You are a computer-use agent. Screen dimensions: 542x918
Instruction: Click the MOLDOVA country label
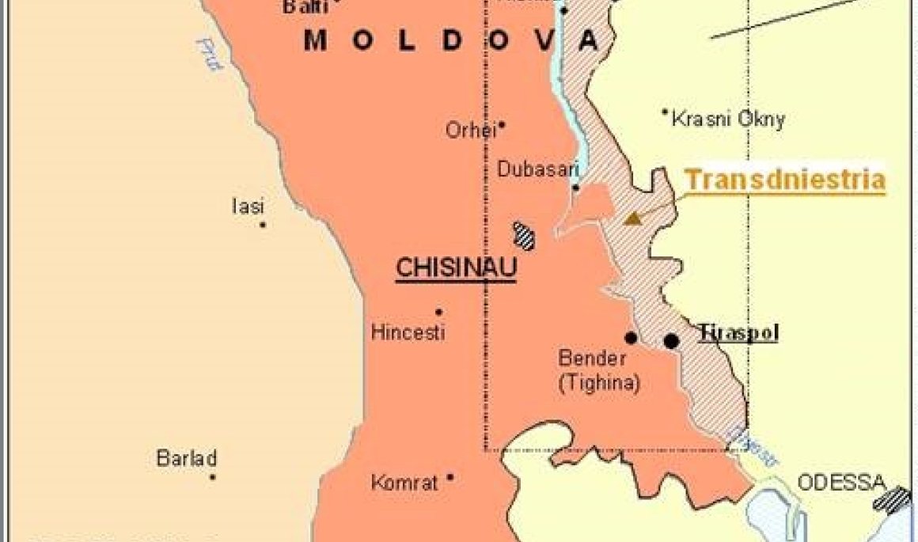[x=450, y=40]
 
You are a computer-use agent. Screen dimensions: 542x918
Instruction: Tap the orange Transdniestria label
[x=784, y=180]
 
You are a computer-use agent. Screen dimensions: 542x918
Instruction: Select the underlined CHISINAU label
[x=456, y=268]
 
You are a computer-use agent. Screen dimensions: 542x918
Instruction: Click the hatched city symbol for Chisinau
[x=524, y=235]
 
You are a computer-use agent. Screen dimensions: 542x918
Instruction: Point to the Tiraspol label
[x=738, y=333]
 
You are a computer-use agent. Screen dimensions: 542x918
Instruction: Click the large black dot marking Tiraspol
[x=671, y=341]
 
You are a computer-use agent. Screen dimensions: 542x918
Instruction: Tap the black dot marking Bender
[x=631, y=338]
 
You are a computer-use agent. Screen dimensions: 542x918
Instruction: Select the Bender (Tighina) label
[x=599, y=370]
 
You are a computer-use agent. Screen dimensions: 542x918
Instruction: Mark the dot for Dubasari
[x=576, y=188]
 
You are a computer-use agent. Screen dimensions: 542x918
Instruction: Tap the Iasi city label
[x=248, y=207]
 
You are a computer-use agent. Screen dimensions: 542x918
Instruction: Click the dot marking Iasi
[x=263, y=225]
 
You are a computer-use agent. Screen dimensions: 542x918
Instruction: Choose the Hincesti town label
[x=408, y=332]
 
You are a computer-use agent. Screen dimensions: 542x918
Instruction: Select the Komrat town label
[x=404, y=482]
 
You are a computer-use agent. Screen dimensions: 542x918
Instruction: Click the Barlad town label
[x=187, y=458]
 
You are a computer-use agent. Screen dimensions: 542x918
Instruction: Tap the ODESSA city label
[x=840, y=482]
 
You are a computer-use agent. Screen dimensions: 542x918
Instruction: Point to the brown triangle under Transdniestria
[x=632, y=218]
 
